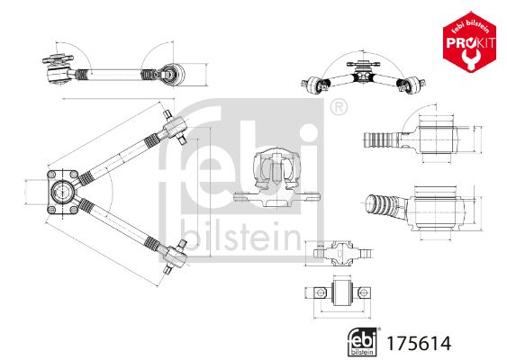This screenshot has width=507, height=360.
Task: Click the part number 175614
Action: [x=419, y=344]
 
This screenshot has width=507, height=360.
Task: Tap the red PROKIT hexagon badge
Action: [x=469, y=42]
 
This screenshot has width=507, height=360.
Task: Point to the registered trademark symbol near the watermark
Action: [x=339, y=107]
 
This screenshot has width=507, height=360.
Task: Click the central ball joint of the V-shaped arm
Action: [x=61, y=192]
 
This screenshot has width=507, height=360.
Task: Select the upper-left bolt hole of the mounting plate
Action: [x=51, y=175]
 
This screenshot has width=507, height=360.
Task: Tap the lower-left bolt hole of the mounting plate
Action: [x=51, y=210]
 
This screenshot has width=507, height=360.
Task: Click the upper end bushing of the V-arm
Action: [x=175, y=127]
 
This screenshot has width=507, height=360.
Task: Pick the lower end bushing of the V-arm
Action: [x=176, y=256]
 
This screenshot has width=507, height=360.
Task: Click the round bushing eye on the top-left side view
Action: [x=172, y=75]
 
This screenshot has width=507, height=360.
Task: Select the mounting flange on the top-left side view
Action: [x=58, y=59]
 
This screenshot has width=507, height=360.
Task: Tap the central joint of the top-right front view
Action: [x=363, y=74]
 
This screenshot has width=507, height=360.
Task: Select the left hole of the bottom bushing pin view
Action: [x=320, y=292]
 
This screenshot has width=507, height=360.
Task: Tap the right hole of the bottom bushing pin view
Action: [x=364, y=292]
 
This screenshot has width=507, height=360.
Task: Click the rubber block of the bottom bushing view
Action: [x=342, y=292]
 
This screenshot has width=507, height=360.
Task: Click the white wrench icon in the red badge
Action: [x=468, y=58]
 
